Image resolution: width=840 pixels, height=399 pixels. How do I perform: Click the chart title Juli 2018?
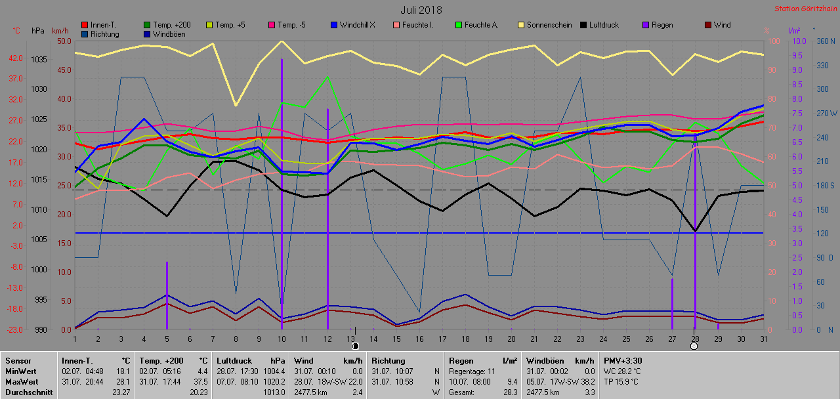pos(421,10)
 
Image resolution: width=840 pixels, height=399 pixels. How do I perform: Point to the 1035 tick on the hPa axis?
pos(39,60)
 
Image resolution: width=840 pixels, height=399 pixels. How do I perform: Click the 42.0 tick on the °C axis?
pos(16,58)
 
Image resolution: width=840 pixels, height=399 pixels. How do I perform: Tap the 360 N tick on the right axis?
pos(825,41)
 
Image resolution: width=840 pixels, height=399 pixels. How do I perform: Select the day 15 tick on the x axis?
pos(396,339)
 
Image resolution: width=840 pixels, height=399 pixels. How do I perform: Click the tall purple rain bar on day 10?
pos(282,197)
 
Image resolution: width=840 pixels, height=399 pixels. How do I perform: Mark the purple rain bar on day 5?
pos(167,295)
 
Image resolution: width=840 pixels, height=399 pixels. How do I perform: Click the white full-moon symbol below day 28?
pos(694,346)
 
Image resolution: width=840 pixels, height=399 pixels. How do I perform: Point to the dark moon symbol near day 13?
pos(355,345)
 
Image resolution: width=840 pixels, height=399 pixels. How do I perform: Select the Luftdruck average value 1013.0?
pos(274,392)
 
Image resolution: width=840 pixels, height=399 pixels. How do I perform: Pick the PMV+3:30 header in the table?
pos(623,360)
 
